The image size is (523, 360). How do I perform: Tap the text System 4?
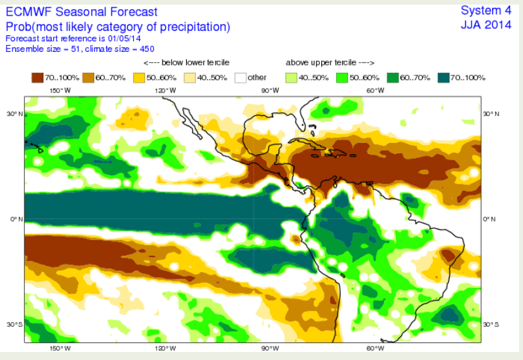click(488, 10)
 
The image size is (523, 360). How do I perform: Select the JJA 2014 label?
click(488, 25)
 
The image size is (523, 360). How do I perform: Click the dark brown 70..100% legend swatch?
click(37, 77)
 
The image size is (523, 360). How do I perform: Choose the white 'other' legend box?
click(240, 77)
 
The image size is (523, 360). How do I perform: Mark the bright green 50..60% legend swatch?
click(342, 77)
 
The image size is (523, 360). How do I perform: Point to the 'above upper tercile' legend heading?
click(330, 63)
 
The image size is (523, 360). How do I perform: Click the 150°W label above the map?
click(60, 91)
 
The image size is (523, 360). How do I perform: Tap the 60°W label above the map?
click(376, 91)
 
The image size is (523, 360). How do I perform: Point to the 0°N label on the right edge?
click(489, 218)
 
